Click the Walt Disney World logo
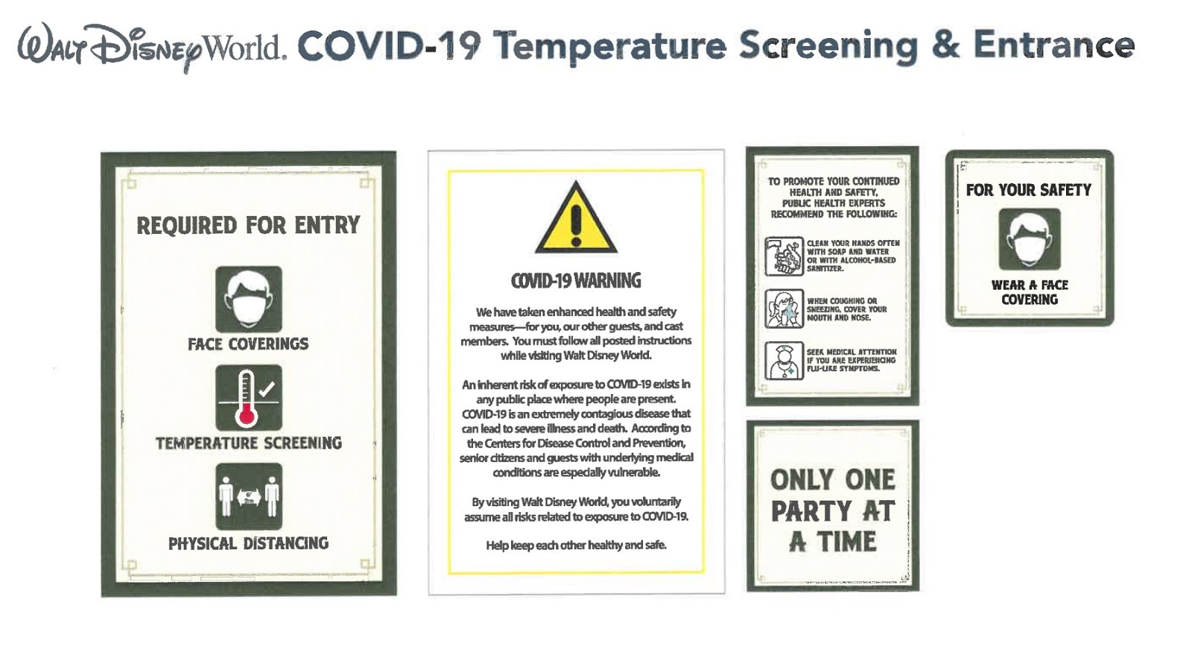point(152,48)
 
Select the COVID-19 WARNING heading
point(576,281)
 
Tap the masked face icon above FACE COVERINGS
point(249,300)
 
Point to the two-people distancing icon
point(249,496)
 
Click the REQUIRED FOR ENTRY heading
point(249,225)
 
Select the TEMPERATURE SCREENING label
point(249,443)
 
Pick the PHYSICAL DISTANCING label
point(249,544)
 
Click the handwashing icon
point(784,256)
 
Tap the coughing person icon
point(784,309)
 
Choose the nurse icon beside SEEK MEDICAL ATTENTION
point(784,361)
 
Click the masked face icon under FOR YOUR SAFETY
point(1029,239)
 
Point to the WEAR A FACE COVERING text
point(1030,292)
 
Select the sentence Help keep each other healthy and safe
point(576,546)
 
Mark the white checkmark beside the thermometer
point(266,389)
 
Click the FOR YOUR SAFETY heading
point(1029,190)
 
